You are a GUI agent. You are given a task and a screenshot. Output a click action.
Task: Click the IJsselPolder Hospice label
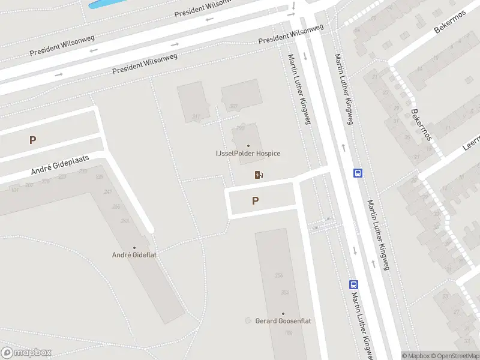[x=248, y=154]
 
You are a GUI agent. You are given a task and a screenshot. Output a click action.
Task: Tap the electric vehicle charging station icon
[x=259, y=175]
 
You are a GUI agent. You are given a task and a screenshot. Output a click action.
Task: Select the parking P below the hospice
[x=256, y=201]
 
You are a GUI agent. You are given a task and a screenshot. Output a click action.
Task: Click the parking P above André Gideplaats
[x=33, y=140]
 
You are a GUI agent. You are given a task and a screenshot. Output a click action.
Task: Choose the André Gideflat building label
[x=134, y=255]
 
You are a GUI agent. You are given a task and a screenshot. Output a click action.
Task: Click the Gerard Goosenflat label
[x=283, y=321]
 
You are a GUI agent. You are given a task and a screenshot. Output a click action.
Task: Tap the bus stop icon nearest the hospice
[x=358, y=173]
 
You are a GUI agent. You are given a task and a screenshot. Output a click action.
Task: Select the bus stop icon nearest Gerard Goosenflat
[x=354, y=285]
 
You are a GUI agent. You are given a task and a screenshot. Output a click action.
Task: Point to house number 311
[x=196, y=117]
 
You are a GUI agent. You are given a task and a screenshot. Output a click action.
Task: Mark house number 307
[x=233, y=107]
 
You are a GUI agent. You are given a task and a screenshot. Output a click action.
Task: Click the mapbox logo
[x=26, y=353]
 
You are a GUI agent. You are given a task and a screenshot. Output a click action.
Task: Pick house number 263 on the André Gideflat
[x=125, y=221]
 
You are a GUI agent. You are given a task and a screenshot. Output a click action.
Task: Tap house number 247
[x=108, y=192]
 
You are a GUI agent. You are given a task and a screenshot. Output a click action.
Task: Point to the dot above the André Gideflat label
[x=134, y=247]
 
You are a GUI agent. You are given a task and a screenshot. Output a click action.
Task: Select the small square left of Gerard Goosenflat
[x=248, y=321]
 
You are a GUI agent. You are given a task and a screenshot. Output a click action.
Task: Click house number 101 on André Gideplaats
[x=14, y=190]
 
